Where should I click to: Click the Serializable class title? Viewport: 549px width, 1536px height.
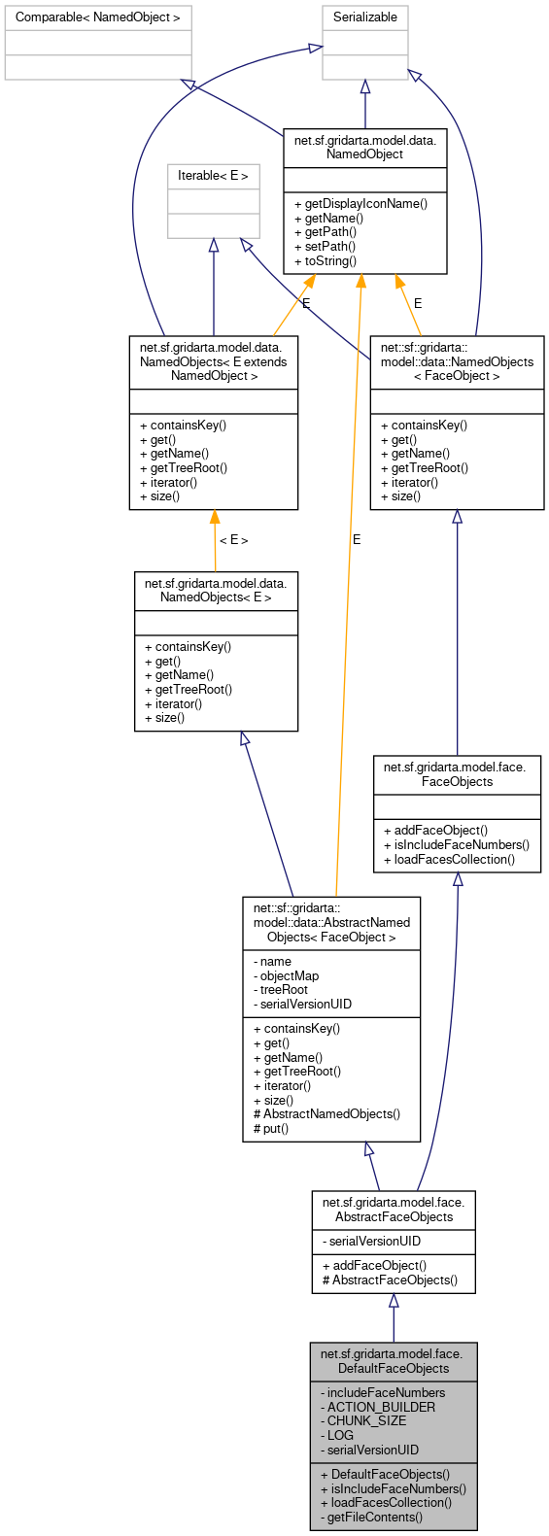[x=365, y=17]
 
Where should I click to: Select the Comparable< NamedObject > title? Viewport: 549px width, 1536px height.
[x=98, y=17]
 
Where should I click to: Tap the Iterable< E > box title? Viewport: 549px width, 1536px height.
[x=213, y=176]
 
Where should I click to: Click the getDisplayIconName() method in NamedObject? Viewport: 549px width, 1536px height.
[x=365, y=204]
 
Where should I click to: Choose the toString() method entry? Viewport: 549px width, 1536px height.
[x=330, y=261]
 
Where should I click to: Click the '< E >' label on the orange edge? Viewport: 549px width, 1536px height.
[x=233, y=540]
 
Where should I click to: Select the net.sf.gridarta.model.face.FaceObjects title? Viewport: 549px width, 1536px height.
[x=457, y=774]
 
